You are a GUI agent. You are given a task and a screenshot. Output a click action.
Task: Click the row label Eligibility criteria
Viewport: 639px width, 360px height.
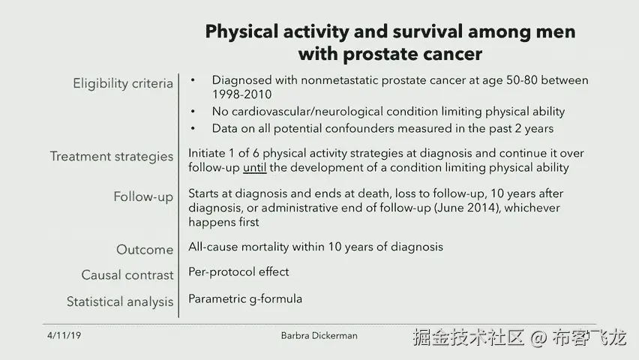click(x=123, y=83)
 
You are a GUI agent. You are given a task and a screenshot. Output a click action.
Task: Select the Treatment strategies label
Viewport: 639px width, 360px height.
click(x=112, y=157)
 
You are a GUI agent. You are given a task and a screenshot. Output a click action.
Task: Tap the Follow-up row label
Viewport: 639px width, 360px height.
click(x=143, y=197)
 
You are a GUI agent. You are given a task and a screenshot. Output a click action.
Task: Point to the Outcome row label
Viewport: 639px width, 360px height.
click(x=145, y=250)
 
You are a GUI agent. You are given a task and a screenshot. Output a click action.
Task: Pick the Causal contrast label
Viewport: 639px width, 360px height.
click(x=127, y=275)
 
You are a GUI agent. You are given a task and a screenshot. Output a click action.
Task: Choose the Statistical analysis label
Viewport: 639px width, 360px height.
click(x=120, y=302)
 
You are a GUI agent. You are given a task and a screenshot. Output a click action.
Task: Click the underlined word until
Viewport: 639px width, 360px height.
click(x=255, y=167)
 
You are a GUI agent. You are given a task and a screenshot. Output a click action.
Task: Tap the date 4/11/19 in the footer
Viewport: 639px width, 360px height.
click(x=64, y=335)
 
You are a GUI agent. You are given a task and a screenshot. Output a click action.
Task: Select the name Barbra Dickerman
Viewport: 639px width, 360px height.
click(x=319, y=335)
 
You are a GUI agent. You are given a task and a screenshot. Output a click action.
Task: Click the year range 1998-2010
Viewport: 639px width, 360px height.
click(x=241, y=94)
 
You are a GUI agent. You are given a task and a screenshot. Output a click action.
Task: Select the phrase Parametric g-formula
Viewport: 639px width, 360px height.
click(x=245, y=299)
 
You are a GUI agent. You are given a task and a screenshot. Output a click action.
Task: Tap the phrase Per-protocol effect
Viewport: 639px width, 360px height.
click(x=238, y=272)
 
